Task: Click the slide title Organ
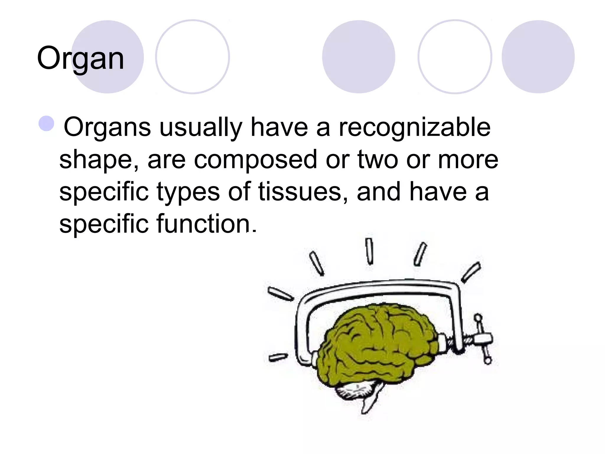80,59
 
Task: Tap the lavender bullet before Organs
46,124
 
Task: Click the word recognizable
414,127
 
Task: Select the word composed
255,160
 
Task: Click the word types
188,192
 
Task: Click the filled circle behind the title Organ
108,57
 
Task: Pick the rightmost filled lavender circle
538,57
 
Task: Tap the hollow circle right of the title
193,57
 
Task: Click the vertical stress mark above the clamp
369,251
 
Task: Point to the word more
468,160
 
